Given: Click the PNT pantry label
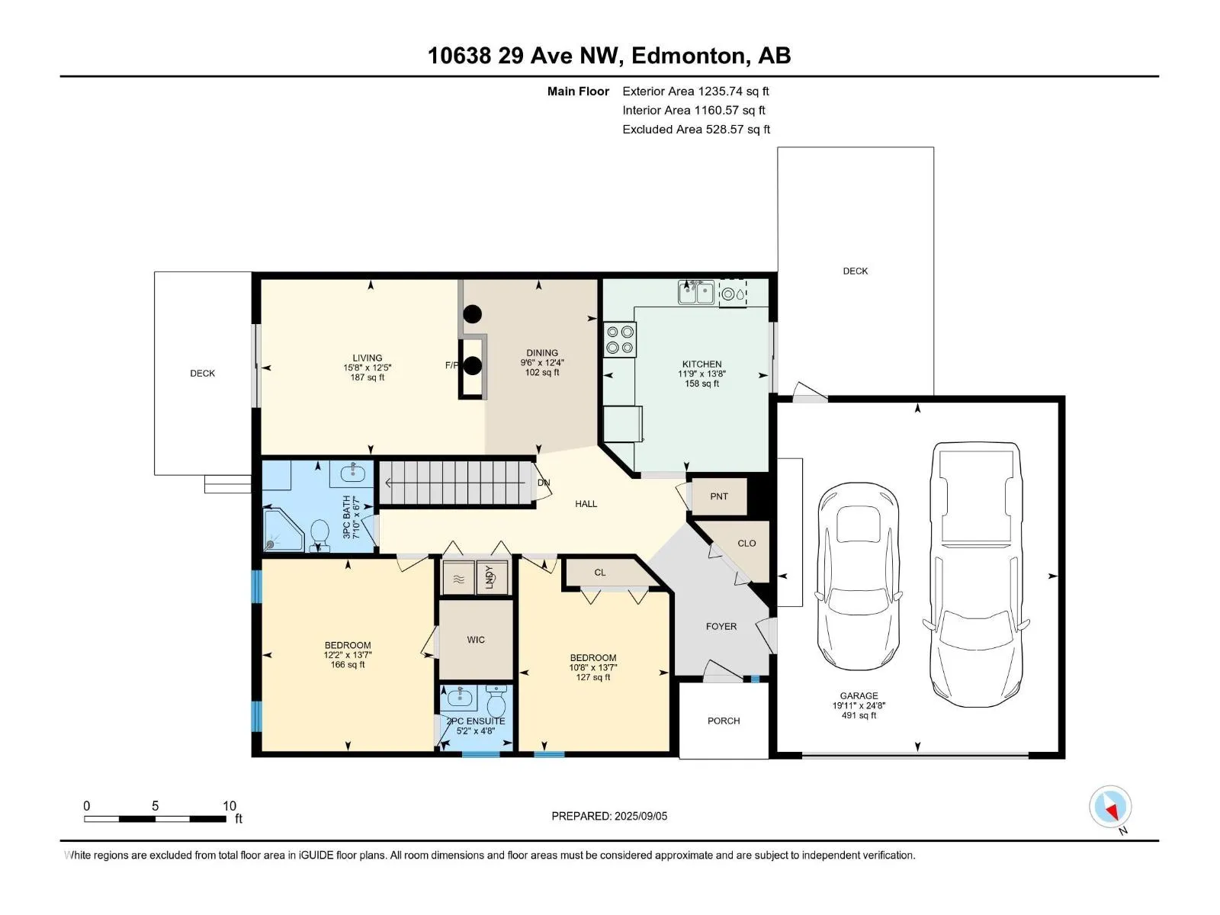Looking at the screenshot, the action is tap(719, 496).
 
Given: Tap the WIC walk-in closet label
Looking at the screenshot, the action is tap(476, 640).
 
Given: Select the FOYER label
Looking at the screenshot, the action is tap(721, 626).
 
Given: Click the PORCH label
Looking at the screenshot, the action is tap(724, 721).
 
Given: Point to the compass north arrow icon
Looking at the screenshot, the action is tap(1110, 807).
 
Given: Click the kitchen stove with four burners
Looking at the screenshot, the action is tap(620, 339).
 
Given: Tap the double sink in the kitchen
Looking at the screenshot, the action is tap(696, 292).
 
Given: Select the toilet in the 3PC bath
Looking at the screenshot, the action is tap(319, 536).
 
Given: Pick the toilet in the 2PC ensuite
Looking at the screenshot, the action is tap(496, 701).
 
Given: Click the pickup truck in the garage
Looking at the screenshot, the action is tap(976, 574).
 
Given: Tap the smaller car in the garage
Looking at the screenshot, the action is tap(858, 576).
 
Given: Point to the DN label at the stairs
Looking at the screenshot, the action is tap(544, 483).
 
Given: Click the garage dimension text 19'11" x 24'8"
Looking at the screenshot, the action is tap(859, 705).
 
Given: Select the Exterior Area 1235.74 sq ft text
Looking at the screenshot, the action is tap(695, 91).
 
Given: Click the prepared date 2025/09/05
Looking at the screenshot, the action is tap(640, 816).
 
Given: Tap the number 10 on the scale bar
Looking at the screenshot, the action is tap(230, 805).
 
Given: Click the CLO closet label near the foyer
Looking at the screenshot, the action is tap(746, 544).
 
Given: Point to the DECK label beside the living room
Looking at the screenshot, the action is tap(202, 374).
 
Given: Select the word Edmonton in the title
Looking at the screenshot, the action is tap(688, 56).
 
